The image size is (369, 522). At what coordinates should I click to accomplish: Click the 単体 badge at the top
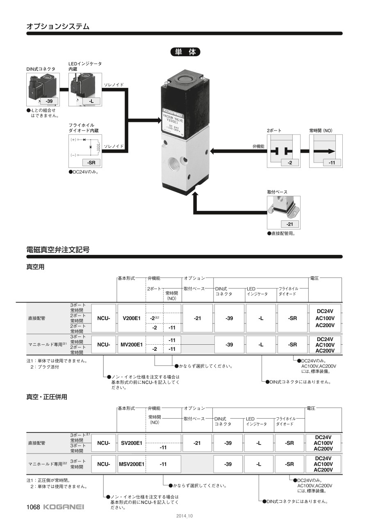pyautogui.click(x=185, y=52)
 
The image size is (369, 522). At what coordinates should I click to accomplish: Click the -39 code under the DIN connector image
pyautogui.click(x=49, y=101)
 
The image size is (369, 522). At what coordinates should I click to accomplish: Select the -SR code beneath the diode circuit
pyautogui.click(x=91, y=163)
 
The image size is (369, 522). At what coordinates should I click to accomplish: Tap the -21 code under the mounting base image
pyautogui.click(x=289, y=224)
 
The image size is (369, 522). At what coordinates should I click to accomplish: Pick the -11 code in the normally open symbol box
pyautogui.click(x=332, y=163)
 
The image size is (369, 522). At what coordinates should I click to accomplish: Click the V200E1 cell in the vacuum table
pyautogui.click(x=132, y=318)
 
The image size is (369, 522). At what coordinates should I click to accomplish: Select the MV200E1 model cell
pyautogui.click(x=131, y=345)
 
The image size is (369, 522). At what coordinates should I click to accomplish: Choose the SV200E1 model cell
pyautogui.click(x=132, y=443)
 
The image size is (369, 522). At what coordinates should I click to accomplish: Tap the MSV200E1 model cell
pyautogui.click(x=132, y=464)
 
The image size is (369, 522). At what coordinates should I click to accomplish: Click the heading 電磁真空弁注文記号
pyautogui.click(x=58, y=249)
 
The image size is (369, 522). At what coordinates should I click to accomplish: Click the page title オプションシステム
pyautogui.click(x=58, y=26)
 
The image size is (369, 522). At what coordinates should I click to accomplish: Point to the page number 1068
pyautogui.click(x=33, y=507)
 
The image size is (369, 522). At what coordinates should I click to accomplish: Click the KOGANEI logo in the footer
pyautogui.click(x=63, y=507)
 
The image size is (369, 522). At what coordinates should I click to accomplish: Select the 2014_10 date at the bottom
pyautogui.click(x=184, y=516)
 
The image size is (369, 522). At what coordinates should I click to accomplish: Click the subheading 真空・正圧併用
pyautogui.click(x=47, y=397)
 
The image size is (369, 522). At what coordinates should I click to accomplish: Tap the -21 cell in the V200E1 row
pyautogui.click(x=198, y=318)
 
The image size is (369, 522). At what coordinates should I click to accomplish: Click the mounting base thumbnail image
pyautogui.click(x=283, y=207)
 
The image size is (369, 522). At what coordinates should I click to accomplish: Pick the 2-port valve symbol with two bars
pyautogui.click(x=283, y=151)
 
